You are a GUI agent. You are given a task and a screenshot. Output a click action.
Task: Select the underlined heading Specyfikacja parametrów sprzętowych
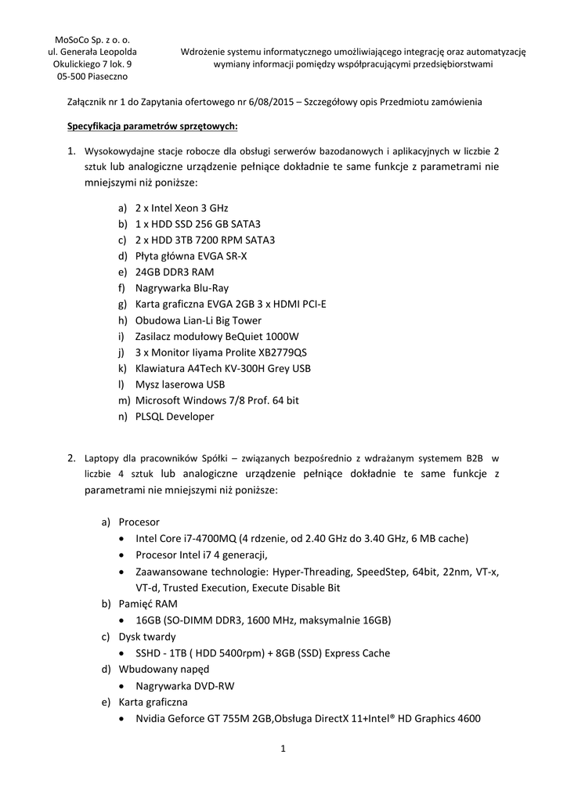[151, 126]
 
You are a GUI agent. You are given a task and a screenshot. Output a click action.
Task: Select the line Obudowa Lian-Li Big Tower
[198, 320]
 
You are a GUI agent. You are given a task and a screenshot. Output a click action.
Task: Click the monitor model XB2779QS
[278, 352]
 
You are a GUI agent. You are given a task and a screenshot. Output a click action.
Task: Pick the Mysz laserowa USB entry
[180, 384]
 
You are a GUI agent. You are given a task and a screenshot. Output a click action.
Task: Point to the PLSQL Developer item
[175, 416]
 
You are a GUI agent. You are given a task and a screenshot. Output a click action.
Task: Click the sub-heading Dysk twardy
[147, 637]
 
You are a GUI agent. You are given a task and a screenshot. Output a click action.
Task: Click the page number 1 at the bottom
[283, 750]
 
